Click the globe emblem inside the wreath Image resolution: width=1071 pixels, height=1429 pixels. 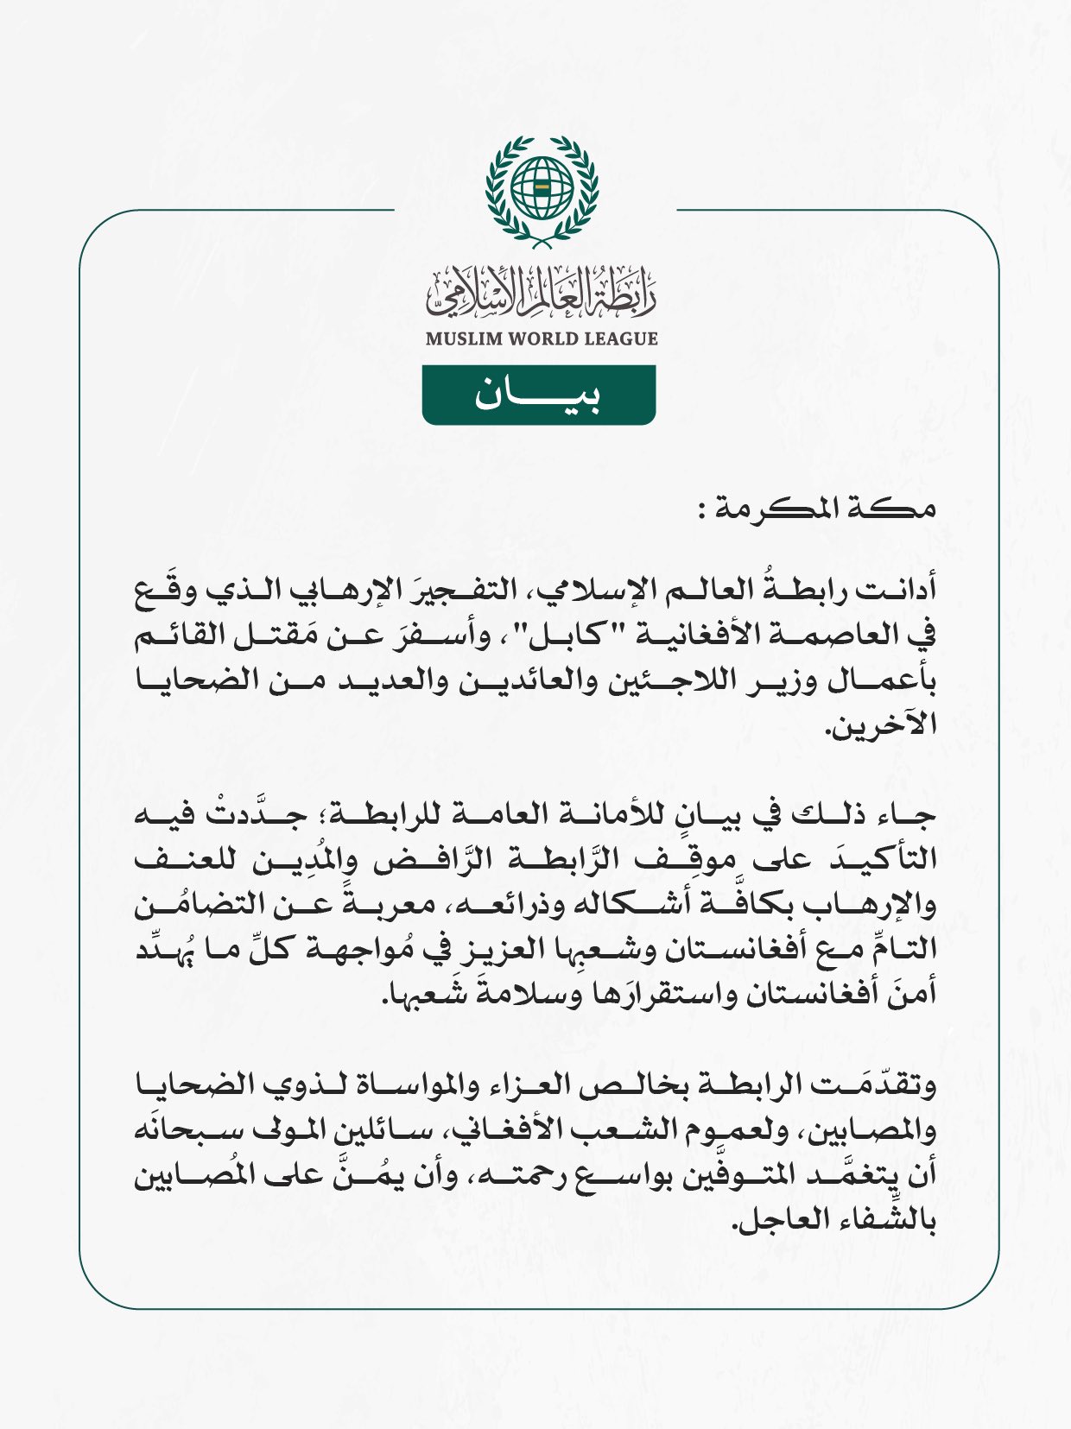(542, 187)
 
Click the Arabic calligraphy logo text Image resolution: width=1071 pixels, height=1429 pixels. (542, 292)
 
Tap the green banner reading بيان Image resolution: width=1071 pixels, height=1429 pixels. (539, 395)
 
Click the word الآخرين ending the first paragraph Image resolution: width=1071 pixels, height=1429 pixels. (882, 725)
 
